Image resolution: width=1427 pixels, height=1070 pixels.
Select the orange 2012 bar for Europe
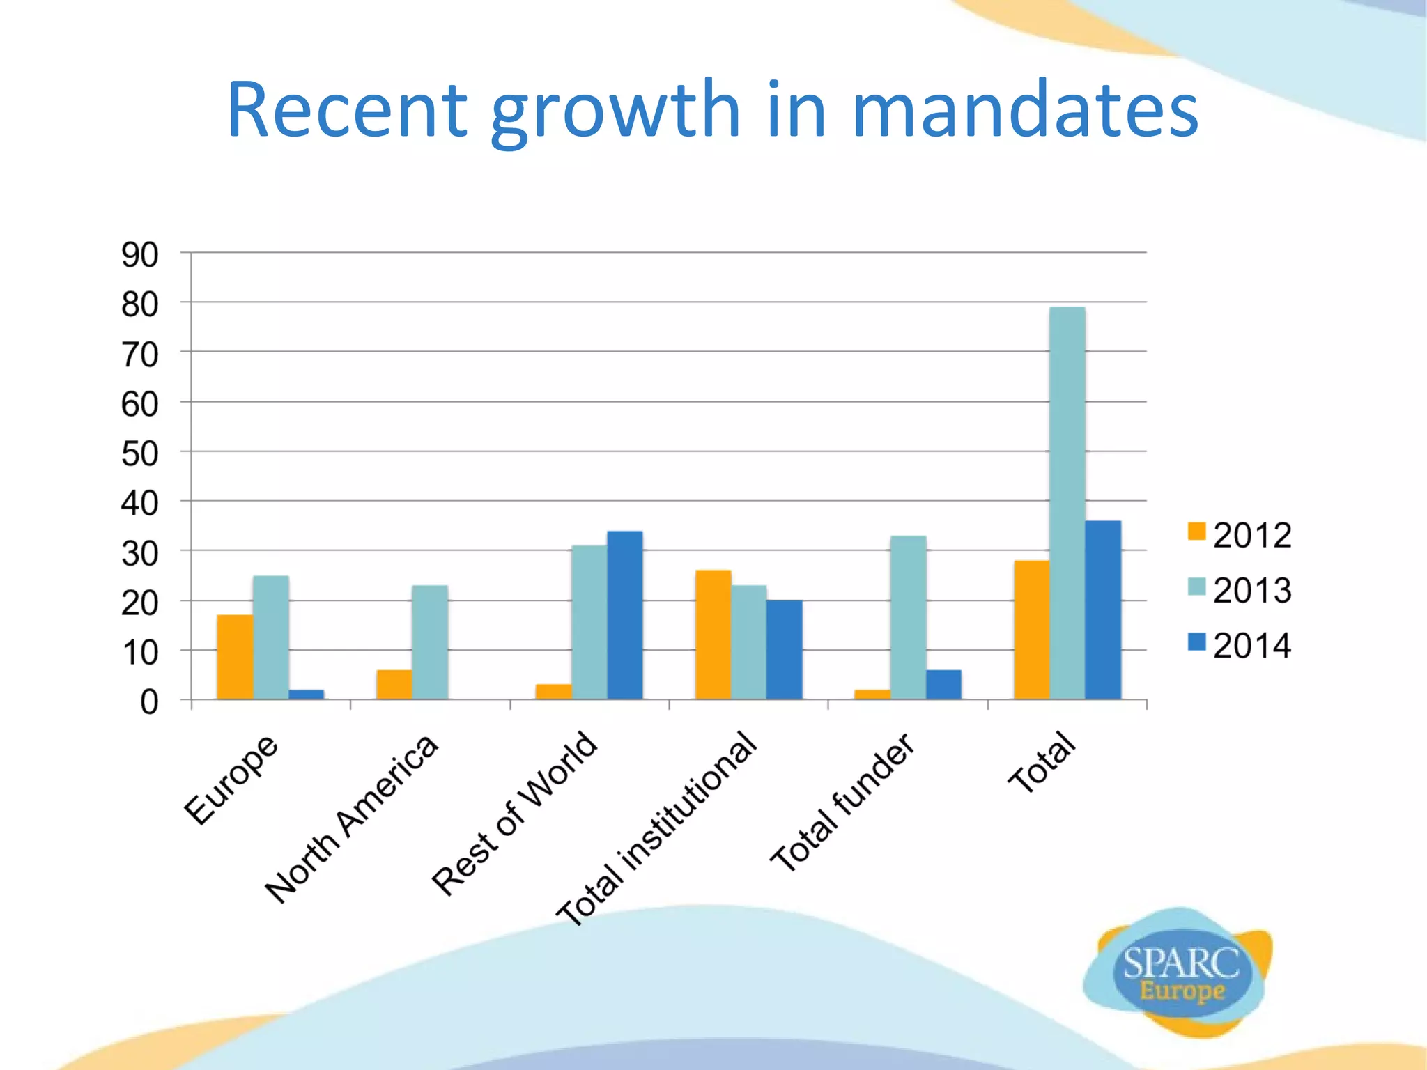click(x=235, y=657)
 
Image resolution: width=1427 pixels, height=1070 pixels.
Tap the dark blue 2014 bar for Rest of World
click(x=625, y=615)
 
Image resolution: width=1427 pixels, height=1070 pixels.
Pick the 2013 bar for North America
click(x=430, y=642)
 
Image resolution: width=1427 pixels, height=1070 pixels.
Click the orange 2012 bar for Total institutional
click(x=713, y=635)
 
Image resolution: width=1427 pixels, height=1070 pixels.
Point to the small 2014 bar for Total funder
click(x=943, y=684)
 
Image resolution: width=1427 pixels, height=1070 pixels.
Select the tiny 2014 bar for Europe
click(x=307, y=694)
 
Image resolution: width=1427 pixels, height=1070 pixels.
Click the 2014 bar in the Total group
click(x=1103, y=610)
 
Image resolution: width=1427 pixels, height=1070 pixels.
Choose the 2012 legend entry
click(x=1240, y=535)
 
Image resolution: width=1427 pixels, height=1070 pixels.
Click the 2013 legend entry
click(x=1240, y=590)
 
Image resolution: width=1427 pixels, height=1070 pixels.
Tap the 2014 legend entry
click(x=1240, y=645)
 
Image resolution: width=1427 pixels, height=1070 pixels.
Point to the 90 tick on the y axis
click(x=140, y=255)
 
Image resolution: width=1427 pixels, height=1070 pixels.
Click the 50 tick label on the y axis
click(x=140, y=454)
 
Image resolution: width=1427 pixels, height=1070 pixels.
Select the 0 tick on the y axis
click(x=149, y=702)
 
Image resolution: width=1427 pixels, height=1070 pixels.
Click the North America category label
click(x=352, y=819)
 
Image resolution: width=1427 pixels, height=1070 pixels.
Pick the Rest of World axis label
click(x=514, y=813)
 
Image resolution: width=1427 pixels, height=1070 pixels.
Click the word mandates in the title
click(x=1024, y=110)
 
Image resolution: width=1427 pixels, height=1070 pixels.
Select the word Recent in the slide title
click(x=347, y=110)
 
